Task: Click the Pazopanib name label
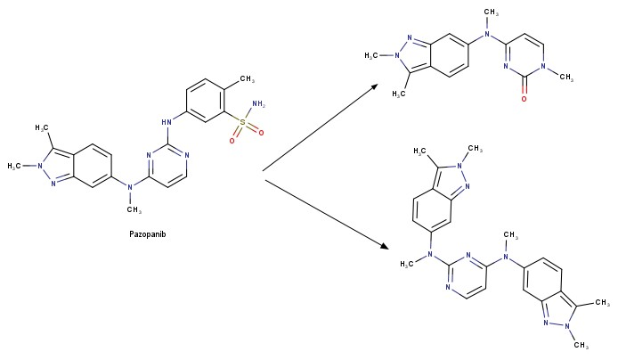(148, 234)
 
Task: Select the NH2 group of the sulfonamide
(258, 104)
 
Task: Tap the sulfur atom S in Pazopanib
(242, 122)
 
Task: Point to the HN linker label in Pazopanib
(167, 122)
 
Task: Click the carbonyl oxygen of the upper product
(524, 99)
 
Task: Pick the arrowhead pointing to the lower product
(384, 246)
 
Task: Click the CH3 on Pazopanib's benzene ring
(248, 78)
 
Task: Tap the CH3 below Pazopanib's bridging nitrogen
(134, 209)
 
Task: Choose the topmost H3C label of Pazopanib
(42, 127)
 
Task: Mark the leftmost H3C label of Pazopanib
(14, 166)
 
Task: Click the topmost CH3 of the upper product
(491, 12)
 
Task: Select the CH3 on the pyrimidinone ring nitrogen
(566, 77)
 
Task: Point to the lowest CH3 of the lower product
(581, 345)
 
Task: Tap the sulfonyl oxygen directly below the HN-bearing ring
(232, 141)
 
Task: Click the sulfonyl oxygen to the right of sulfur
(261, 133)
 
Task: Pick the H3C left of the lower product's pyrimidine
(407, 264)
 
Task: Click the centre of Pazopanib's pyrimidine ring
(167, 166)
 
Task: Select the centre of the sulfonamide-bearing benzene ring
(205, 101)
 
